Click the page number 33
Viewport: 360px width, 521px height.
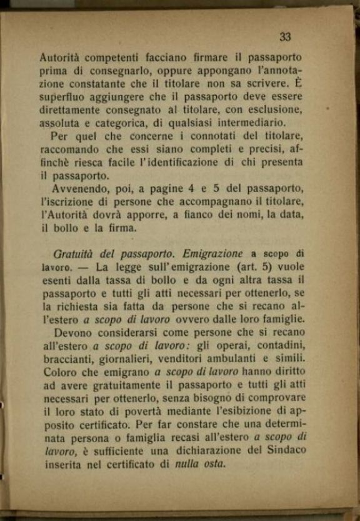tap(285, 37)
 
